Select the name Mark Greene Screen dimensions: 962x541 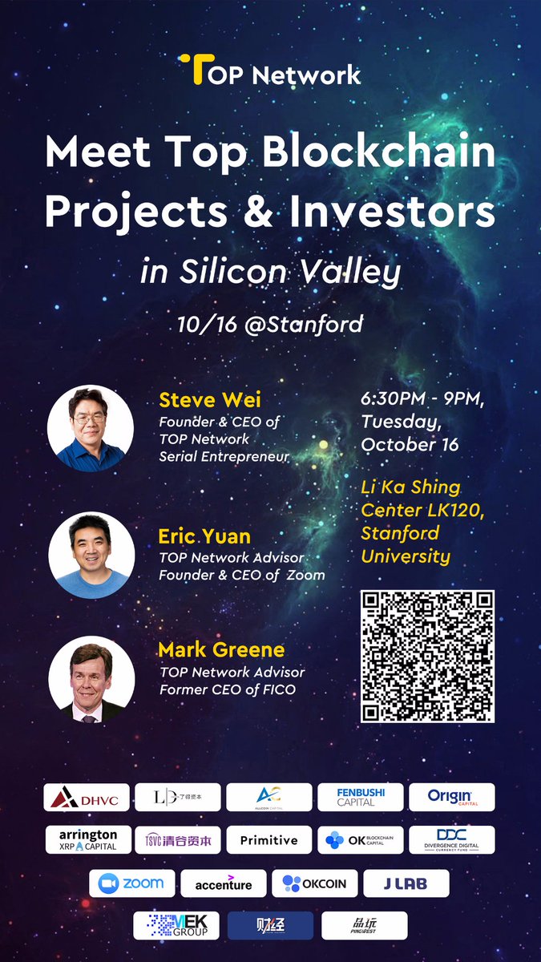point(221,649)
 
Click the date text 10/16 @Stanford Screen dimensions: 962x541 point(271,325)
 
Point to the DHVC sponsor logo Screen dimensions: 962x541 point(86,797)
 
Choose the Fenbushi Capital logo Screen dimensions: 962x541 point(361,797)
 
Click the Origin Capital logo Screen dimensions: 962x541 point(451,797)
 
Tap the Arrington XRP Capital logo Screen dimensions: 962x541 point(88,839)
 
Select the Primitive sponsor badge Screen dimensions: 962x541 point(268,839)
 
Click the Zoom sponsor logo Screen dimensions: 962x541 point(132,883)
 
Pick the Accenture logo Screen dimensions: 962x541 point(224,883)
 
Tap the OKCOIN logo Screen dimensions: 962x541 point(314,883)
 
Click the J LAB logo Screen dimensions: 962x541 point(406,883)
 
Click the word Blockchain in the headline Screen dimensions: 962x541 point(380,152)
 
